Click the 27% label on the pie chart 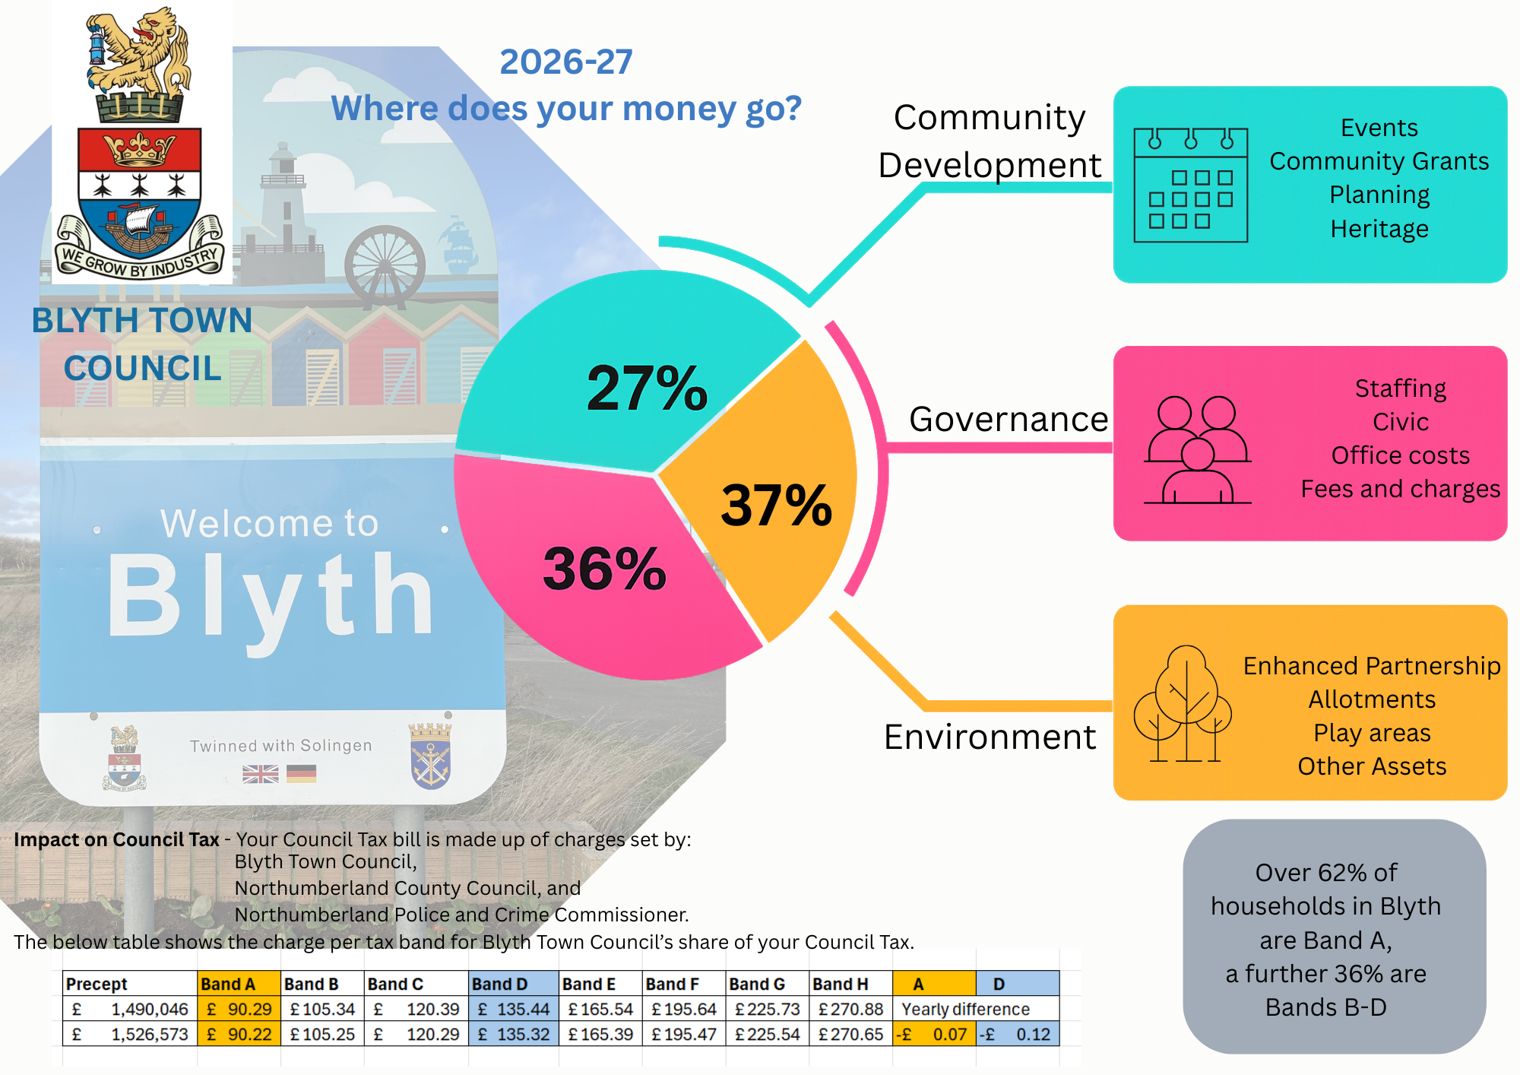pos(647,388)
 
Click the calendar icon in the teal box pos(1190,185)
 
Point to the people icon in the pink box pos(1198,450)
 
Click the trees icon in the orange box pos(1183,704)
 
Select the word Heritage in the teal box pos(1379,229)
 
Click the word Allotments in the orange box pos(1371,699)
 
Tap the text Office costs pos(1400,455)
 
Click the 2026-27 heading pos(565,62)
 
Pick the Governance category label pos(1008,420)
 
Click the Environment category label pos(990,737)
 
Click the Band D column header pos(499,984)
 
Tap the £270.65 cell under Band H pos(850,1035)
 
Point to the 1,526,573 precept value pos(149,1035)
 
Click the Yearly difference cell pos(965,1010)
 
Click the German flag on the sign pos(301,774)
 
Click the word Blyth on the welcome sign pos(270,597)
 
